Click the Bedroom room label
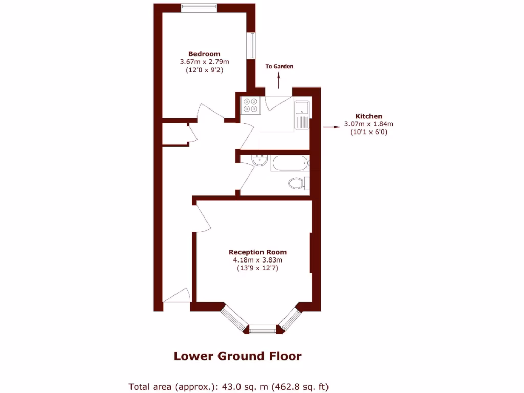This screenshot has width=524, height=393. click(x=204, y=54)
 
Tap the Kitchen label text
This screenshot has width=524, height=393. click(x=368, y=116)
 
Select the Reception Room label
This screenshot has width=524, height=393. click(x=257, y=252)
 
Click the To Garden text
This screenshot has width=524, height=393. click(x=279, y=67)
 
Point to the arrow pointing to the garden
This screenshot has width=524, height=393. click(x=279, y=81)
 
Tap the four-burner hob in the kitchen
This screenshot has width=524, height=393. click(x=251, y=105)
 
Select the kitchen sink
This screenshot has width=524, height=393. click(x=301, y=108)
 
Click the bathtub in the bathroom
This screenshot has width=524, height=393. click(x=290, y=164)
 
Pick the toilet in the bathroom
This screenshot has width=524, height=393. click(x=297, y=183)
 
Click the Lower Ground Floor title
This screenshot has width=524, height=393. click(x=237, y=356)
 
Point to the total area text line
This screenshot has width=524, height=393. click(x=229, y=386)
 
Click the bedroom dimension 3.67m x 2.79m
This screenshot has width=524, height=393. click(x=204, y=62)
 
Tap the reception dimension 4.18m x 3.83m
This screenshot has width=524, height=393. click(x=257, y=260)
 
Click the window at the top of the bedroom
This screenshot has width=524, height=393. click(x=199, y=7)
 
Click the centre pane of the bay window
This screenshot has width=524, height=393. click(x=265, y=329)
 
